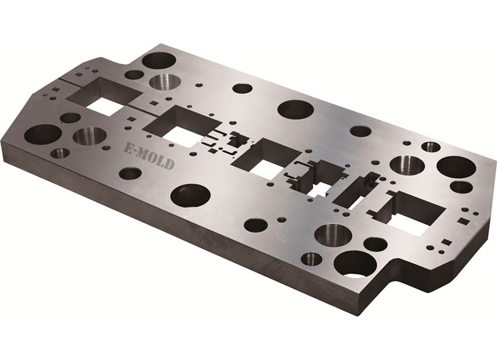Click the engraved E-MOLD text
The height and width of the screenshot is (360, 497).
click(x=147, y=155)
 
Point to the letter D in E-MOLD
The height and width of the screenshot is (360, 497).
click(x=170, y=164)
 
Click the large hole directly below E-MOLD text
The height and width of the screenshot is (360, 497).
click(x=190, y=196)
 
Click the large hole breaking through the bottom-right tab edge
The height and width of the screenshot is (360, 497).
click(x=355, y=264)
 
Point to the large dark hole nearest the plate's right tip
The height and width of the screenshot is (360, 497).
click(x=456, y=166)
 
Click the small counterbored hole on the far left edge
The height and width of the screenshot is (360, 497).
click(x=60, y=153)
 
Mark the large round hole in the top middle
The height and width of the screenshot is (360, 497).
click(x=295, y=109)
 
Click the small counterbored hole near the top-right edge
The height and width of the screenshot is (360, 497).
click(x=431, y=147)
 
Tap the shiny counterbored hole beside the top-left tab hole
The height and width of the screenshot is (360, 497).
click(x=163, y=81)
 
